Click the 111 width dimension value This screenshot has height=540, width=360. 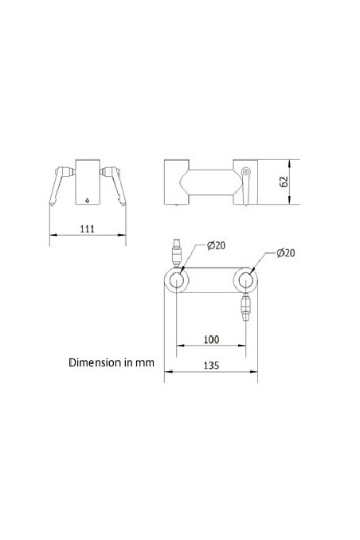(x=88, y=229)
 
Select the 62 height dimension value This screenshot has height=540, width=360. (x=284, y=182)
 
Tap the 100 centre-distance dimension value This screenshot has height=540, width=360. (x=210, y=339)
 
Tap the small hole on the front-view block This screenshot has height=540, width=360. (x=88, y=200)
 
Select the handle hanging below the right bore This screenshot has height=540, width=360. (x=245, y=306)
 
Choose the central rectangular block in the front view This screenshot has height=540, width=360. (x=88, y=182)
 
